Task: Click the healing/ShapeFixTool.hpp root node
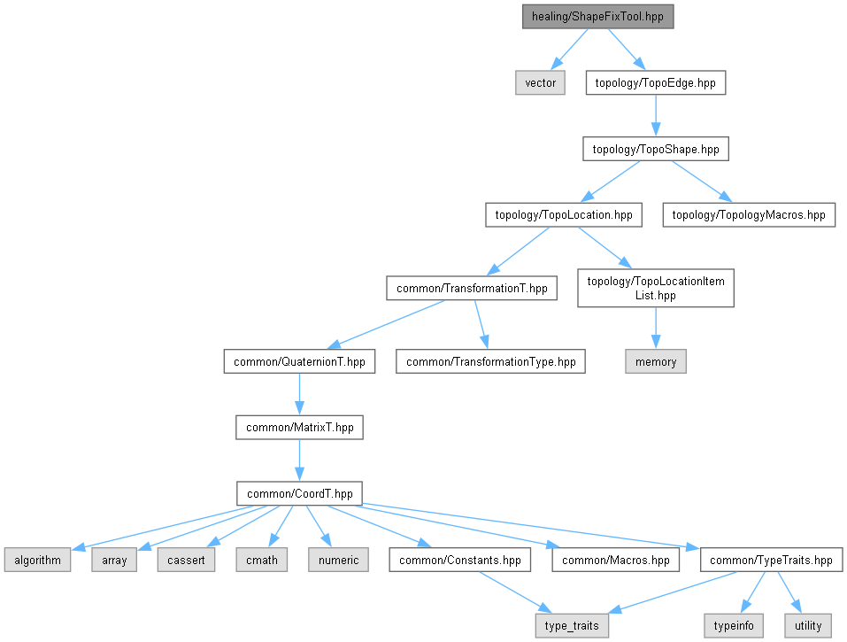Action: click(597, 17)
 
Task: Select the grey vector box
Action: click(540, 82)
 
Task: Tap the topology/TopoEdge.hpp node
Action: click(656, 82)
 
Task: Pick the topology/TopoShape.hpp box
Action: click(656, 149)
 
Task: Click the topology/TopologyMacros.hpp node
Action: click(749, 214)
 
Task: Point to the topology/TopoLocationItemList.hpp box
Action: click(656, 288)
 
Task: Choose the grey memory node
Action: click(656, 361)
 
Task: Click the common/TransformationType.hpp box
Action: click(490, 361)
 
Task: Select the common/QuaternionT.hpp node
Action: click(299, 361)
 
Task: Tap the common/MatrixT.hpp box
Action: click(299, 428)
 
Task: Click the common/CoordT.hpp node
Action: click(299, 493)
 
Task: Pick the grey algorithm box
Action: click(37, 560)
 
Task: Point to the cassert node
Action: click(186, 560)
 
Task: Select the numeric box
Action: click(339, 560)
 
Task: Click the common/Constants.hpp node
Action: click(459, 560)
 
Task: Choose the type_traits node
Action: click(572, 626)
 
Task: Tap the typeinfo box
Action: click(734, 626)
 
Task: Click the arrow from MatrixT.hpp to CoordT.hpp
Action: click(299, 460)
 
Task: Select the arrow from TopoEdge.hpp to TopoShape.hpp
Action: click(656, 116)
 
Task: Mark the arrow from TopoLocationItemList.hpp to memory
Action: click(656, 328)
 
